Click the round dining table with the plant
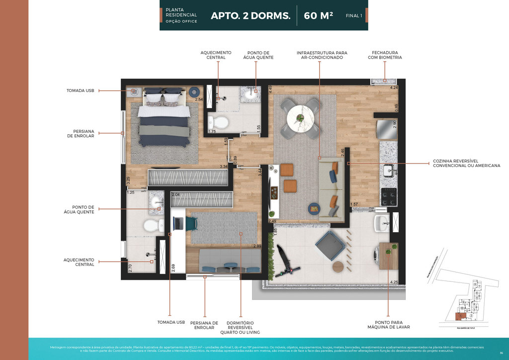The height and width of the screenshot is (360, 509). (x=300, y=118)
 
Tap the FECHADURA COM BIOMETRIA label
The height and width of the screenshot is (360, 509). (x=385, y=55)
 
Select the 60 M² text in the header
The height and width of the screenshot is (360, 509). (x=318, y=15)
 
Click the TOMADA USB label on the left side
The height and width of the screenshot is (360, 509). (x=81, y=90)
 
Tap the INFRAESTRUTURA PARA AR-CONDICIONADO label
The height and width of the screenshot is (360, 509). (x=322, y=55)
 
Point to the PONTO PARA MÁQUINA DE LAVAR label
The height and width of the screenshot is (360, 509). (x=388, y=324)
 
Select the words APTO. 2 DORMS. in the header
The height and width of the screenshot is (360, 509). (x=251, y=15)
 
